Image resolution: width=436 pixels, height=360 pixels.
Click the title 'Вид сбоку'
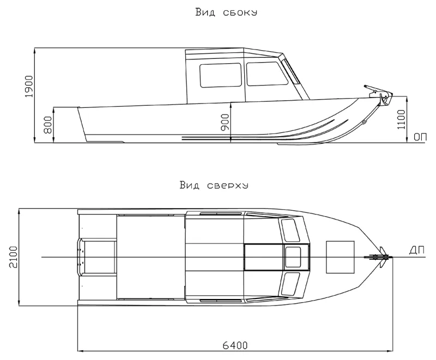coord(226,13)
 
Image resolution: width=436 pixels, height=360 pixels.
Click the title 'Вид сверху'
coord(214,185)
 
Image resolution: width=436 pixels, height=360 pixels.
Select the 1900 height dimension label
coord(29,87)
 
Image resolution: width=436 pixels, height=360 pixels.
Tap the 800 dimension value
coord(48,125)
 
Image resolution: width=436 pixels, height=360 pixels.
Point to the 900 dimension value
coord(225,122)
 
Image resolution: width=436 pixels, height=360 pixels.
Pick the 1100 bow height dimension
coord(401,119)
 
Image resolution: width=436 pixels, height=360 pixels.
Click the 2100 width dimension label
coord(13,257)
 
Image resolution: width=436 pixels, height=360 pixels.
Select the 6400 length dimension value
coord(235,346)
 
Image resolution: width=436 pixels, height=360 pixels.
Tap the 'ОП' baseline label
coord(420,137)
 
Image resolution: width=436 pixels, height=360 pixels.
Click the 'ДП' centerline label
coord(417,251)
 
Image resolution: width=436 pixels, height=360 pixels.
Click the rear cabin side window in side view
coord(221,75)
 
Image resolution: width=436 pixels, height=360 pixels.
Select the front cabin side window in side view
coord(267,74)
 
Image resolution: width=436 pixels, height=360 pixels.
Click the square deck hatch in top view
coord(340,257)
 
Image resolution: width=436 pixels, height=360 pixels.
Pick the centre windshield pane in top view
coord(293,257)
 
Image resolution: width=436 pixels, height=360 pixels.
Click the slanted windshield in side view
coord(290,71)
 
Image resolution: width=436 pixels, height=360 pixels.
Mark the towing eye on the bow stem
coord(364,121)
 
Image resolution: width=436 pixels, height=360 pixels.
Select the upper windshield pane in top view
coord(290,230)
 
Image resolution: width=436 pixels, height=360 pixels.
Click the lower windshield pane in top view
coord(290,284)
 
